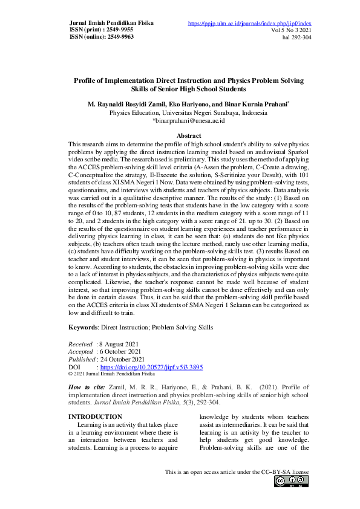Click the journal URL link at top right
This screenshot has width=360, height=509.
(250, 24)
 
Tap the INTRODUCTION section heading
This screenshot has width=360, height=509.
(96, 417)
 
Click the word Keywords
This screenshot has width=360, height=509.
(83, 328)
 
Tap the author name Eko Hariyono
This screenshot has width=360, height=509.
(186, 104)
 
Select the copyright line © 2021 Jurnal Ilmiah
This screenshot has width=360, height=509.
(111, 374)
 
